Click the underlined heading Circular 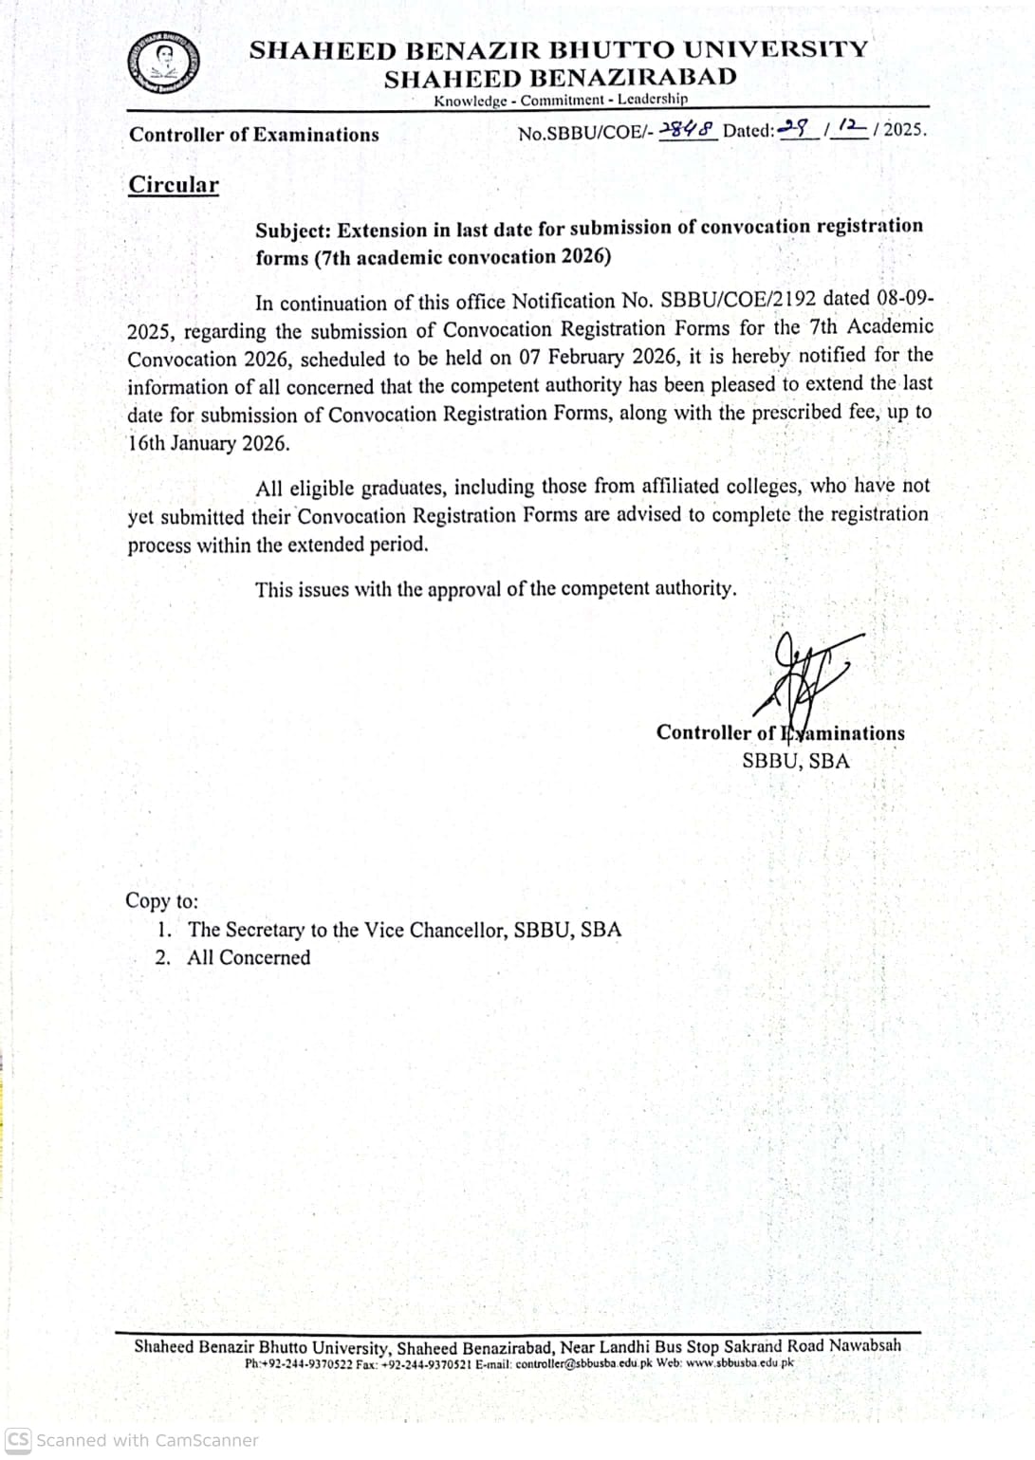click(x=174, y=184)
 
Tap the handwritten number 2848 click(x=687, y=130)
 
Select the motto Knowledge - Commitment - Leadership click(x=561, y=100)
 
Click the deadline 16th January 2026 click(x=210, y=443)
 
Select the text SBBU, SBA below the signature click(x=796, y=761)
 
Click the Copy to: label click(x=161, y=900)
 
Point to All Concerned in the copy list click(x=249, y=957)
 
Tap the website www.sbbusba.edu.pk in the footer click(x=739, y=1363)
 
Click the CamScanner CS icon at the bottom click(x=18, y=1439)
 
